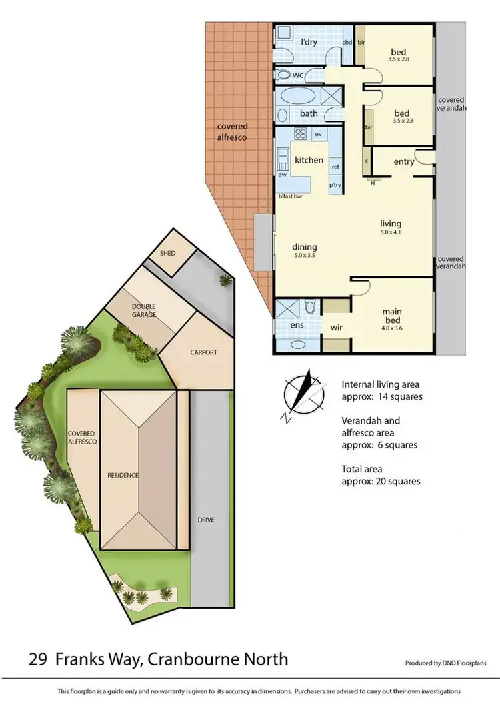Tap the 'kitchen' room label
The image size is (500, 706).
coord(309,160)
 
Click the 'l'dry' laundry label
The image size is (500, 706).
coord(309,42)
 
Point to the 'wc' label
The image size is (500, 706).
coord(298,75)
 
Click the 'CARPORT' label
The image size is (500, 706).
coord(203,352)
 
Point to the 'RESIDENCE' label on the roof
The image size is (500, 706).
coord(123,475)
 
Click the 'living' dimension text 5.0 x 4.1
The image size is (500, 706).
coord(390,233)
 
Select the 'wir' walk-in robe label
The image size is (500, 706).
coord(337,328)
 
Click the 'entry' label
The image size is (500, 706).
coord(404,162)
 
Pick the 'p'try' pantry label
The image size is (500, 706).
coord(335,185)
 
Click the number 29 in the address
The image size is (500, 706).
coord(38,659)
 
